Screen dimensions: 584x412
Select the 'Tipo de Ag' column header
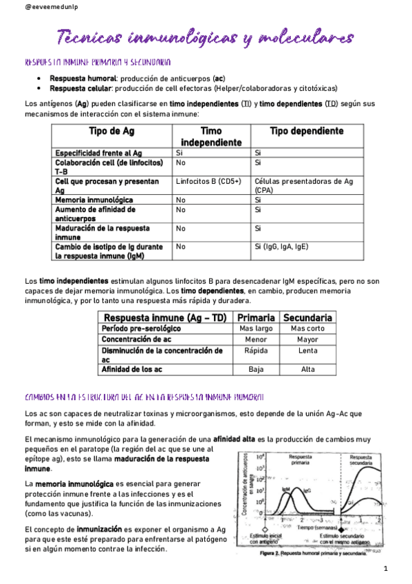point(111,131)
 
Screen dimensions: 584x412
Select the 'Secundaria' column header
point(308,317)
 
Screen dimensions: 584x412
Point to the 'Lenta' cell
point(308,350)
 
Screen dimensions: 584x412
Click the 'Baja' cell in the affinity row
point(256,369)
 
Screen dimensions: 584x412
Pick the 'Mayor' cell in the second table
point(308,339)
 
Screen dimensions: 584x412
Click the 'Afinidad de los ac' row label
point(132,369)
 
